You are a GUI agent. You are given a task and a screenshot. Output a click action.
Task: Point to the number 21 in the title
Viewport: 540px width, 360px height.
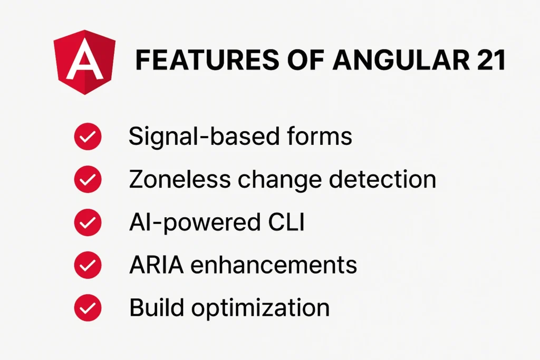click(487, 61)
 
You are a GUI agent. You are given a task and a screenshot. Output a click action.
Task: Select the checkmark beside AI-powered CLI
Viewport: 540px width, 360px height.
click(87, 223)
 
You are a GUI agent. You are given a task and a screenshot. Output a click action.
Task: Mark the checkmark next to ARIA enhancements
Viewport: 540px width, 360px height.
click(87, 266)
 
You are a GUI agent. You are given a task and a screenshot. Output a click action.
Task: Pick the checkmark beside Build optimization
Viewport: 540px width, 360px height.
click(87, 308)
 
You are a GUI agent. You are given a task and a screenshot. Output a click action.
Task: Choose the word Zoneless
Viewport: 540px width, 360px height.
click(180, 180)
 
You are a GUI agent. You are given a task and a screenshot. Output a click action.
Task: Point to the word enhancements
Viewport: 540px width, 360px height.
click(274, 265)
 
